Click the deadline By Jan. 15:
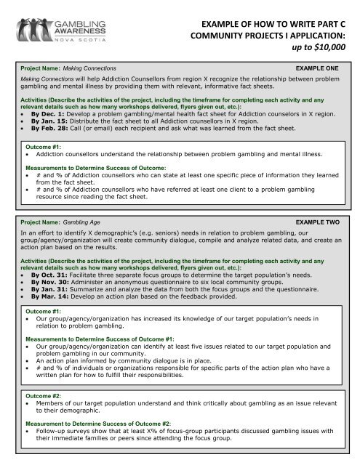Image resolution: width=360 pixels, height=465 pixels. (52, 124)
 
